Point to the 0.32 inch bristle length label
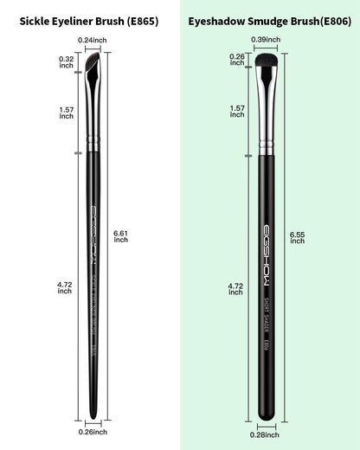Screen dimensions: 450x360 [x=66, y=62]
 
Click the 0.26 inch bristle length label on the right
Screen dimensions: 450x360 [x=237, y=61]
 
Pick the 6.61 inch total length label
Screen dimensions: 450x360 [x=121, y=235]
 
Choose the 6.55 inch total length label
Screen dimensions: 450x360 [x=297, y=235]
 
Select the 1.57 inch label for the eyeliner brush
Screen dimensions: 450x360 [x=66, y=114]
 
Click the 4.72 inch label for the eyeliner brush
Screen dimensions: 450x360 [x=66, y=287]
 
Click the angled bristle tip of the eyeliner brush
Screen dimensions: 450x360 [x=93, y=63]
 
